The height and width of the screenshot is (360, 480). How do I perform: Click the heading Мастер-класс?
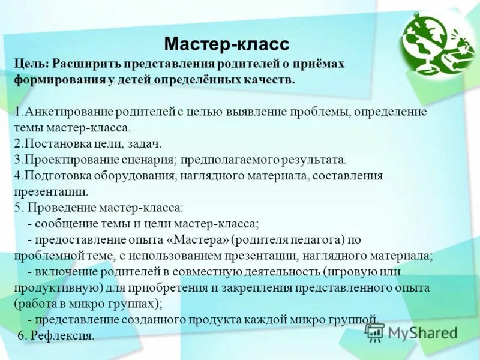point(226,44)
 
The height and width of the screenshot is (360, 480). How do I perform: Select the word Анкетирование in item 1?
point(58,112)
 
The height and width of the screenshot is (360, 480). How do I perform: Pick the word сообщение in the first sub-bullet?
point(64,224)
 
